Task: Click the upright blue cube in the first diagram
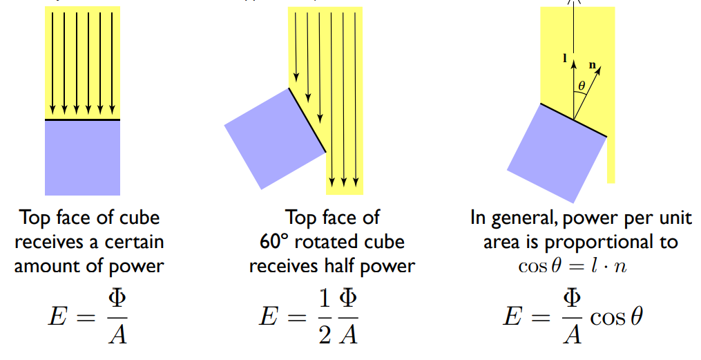pyautogui.click(x=82, y=158)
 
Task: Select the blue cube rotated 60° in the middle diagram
pyautogui.click(x=275, y=138)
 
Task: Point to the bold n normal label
pyautogui.click(x=592, y=65)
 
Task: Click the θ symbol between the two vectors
pyautogui.click(x=582, y=86)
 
